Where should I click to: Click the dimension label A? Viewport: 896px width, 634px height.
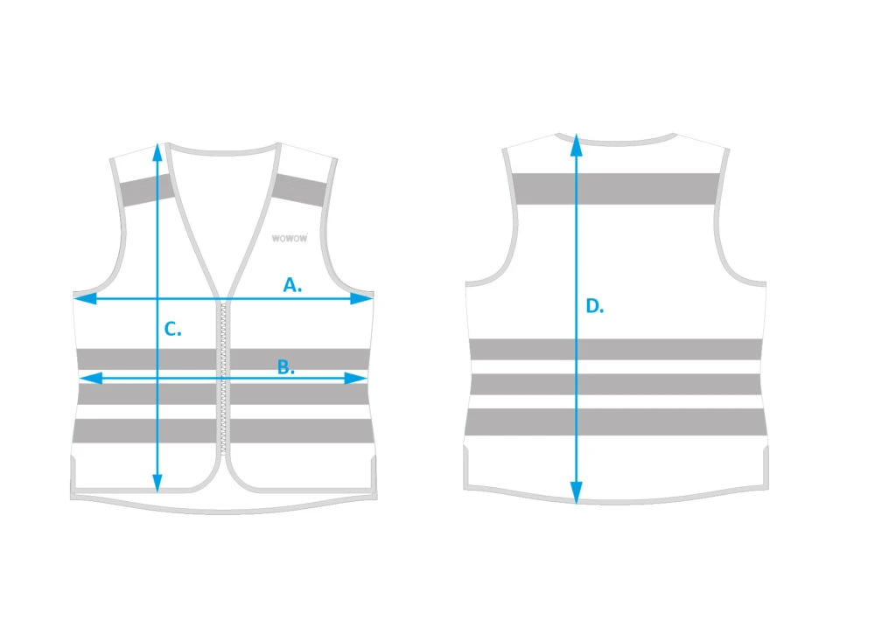point(292,284)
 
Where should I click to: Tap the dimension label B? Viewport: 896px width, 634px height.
point(286,367)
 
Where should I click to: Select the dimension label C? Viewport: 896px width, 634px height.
point(172,329)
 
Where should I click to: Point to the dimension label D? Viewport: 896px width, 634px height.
point(595,307)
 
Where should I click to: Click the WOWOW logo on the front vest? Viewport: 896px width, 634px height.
point(289,238)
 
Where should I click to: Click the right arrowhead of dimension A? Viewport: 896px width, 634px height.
point(361,298)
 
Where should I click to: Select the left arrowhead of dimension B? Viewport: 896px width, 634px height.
point(91,378)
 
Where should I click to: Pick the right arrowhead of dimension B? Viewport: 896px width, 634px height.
point(355,378)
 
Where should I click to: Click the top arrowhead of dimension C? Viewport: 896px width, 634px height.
point(157,154)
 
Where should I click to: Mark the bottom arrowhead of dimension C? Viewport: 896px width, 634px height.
point(157,482)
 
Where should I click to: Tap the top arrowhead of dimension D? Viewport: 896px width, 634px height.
point(576,146)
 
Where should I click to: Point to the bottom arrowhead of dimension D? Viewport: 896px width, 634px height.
point(576,492)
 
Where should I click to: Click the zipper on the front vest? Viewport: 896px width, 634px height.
point(223,378)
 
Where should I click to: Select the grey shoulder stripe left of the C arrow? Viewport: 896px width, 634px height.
point(145,191)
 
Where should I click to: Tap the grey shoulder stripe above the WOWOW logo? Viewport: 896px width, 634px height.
point(299,191)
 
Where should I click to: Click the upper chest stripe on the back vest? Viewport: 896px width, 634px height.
point(615,189)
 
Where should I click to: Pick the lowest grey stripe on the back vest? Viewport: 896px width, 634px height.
point(615,422)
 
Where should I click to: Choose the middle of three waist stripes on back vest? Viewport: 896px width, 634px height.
point(615,385)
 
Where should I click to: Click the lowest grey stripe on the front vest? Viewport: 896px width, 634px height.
point(221,430)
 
